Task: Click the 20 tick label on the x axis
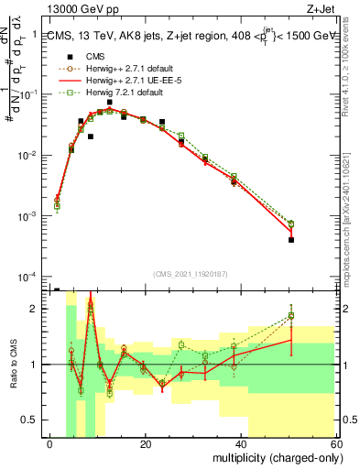click(x=146, y=443)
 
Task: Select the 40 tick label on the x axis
click(x=240, y=443)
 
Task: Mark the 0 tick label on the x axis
click(x=50, y=443)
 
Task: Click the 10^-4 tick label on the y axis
click(x=28, y=277)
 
